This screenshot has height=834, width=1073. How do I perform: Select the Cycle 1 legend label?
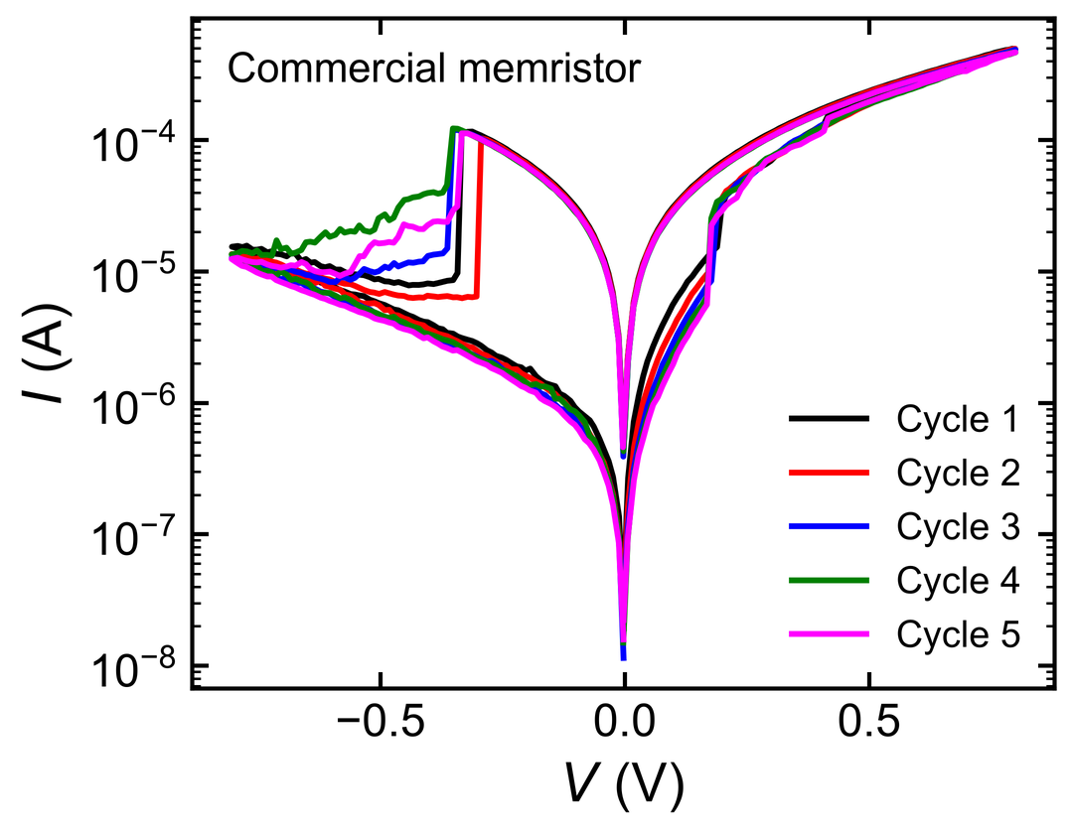958,419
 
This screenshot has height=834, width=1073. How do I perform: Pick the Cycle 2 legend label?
958,473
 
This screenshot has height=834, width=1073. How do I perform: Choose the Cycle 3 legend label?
958,527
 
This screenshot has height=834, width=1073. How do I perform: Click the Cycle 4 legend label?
958,581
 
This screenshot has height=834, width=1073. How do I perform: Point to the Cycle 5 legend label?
958,635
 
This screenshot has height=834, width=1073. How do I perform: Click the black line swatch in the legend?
829,418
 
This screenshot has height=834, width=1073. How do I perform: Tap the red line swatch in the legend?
829,473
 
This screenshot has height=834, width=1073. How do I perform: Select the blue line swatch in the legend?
829,526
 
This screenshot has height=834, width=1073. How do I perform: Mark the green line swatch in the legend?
829,581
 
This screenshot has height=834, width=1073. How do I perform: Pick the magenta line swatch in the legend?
829,634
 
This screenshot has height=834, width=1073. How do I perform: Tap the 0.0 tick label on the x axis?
624,723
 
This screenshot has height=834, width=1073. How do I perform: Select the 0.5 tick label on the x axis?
868,723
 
